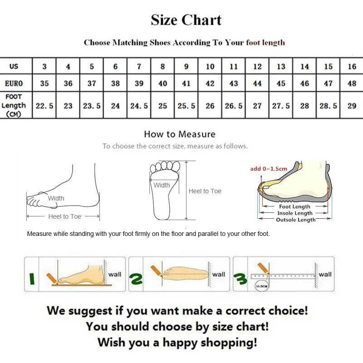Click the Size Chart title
point(186,20)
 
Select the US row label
point(14,67)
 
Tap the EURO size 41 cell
point(186,83)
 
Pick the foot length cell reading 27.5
point(281,106)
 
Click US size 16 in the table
point(352,67)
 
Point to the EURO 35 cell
point(44,83)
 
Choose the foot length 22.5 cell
point(44,106)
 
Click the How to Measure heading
point(179,134)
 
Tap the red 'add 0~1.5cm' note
point(269,169)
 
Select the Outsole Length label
point(295,220)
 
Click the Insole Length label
point(295,213)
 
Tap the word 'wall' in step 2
point(219,274)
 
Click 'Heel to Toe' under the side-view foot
point(64,217)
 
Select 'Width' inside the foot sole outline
point(162,185)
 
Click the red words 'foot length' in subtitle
point(265,43)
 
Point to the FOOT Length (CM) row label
point(14,105)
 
